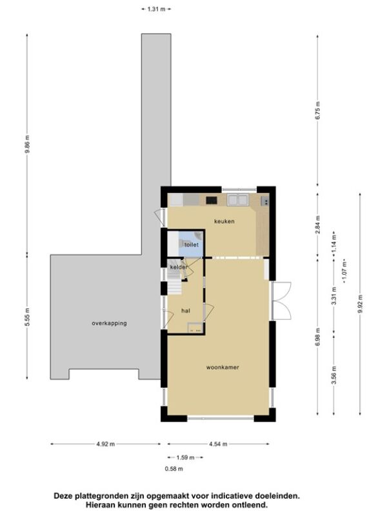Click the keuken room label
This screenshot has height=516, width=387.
[x=224, y=221]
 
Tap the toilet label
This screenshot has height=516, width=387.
[x=191, y=245]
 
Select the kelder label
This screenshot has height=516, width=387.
[x=179, y=267]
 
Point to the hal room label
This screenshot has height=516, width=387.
[x=186, y=311]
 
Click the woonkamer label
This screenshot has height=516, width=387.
[x=223, y=367]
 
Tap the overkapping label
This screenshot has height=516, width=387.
[x=109, y=323]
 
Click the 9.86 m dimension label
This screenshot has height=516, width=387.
[x=28, y=144]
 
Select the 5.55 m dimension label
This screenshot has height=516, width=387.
[x=28, y=317]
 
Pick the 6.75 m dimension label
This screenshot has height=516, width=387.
[x=317, y=111]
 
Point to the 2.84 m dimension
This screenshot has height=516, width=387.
[x=317, y=224]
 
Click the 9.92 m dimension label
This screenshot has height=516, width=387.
[x=360, y=304]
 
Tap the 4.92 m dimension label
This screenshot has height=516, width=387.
[x=106, y=444]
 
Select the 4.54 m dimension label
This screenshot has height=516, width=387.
[x=218, y=444]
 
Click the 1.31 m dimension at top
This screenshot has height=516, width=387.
[x=156, y=9]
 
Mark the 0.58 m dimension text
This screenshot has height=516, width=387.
[x=174, y=469]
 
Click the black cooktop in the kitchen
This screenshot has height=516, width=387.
[x=212, y=200]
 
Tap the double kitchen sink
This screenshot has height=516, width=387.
[x=238, y=200]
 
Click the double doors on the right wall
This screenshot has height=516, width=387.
[x=281, y=301]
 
